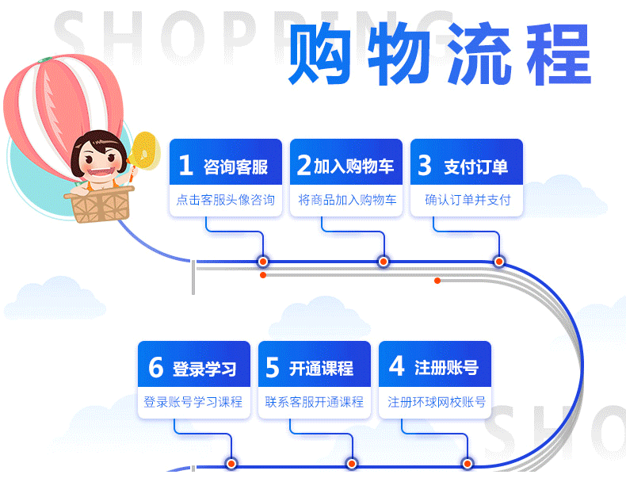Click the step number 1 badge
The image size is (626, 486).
(x=186, y=165)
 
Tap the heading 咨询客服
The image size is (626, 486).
(x=235, y=166)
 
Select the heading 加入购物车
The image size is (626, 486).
(x=353, y=166)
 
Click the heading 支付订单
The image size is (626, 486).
(x=475, y=166)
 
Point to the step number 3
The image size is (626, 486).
(x=425, y=165)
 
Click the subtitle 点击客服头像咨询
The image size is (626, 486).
(x=226, y=200)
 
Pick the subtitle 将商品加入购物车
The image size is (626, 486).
(x=347, y=200)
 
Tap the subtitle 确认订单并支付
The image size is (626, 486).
(x=468, y=200)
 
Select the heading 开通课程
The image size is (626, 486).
(x=321, y=368)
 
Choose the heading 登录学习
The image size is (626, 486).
(x=204, y=369)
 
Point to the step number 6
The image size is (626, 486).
(x=156, y=368)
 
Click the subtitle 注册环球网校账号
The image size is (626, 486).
(x=437, y=402)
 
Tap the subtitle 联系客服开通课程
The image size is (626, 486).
(x=315, y=402)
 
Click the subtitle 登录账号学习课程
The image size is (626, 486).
(x=193, y=402)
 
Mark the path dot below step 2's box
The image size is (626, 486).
(x=384, y=262)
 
